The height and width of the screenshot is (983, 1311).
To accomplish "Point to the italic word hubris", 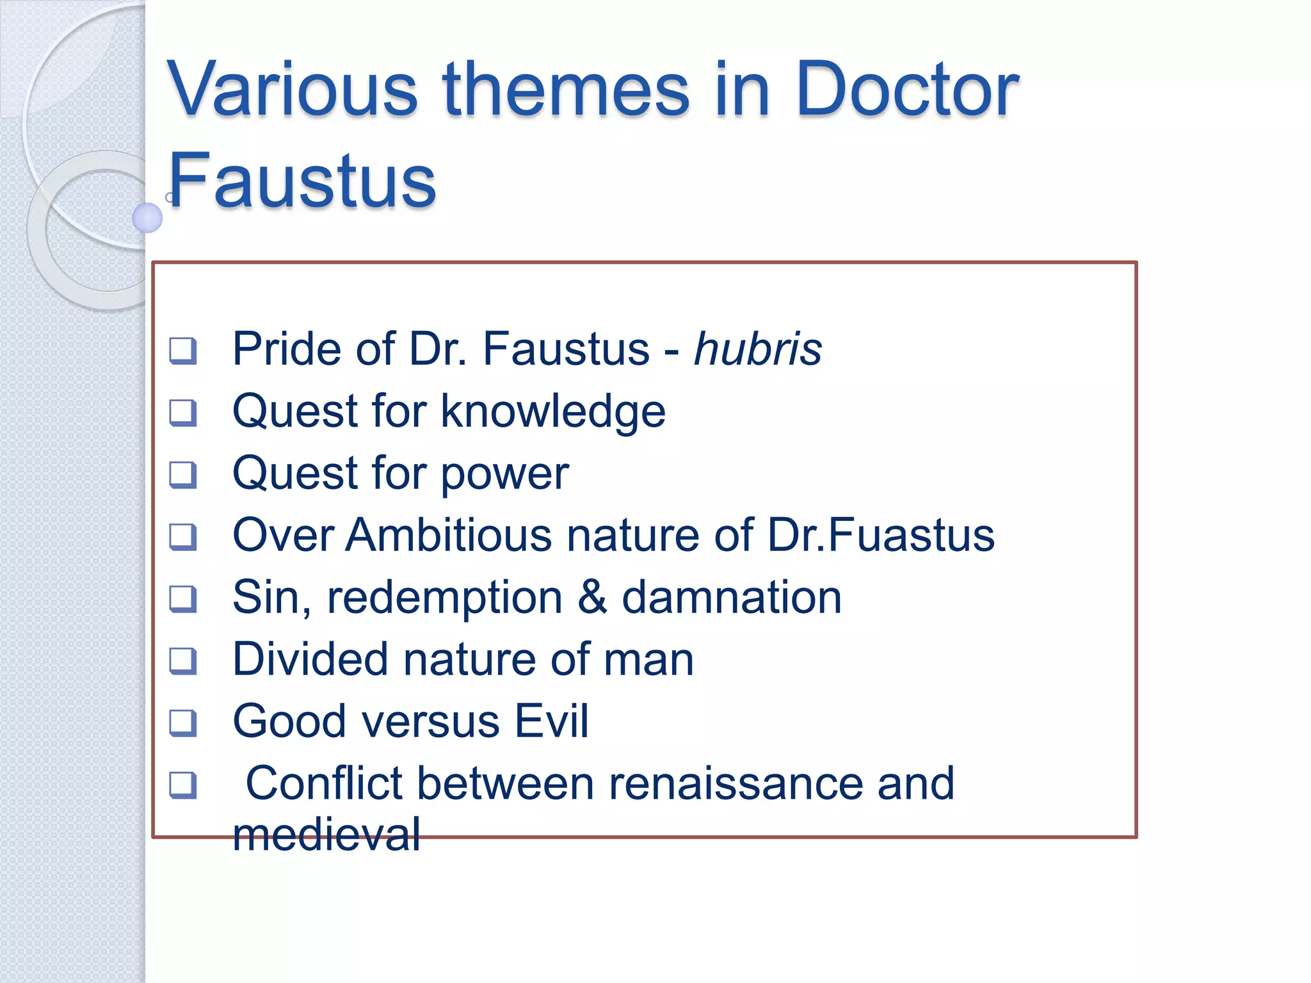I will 758,349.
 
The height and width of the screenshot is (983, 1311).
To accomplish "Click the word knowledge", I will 553,412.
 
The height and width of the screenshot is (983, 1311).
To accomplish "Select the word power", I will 504,474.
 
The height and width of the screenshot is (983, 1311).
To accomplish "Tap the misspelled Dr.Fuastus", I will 881,535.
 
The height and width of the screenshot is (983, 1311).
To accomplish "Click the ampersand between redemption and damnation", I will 592,597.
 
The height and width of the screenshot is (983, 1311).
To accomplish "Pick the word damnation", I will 732,597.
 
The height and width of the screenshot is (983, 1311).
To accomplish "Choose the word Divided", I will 310,659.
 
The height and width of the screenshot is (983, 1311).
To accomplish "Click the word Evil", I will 552,721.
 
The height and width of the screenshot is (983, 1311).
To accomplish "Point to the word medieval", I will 326,835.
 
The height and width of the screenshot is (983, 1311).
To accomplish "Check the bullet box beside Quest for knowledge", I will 183,413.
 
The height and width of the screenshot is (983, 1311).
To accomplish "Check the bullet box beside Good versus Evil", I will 183,723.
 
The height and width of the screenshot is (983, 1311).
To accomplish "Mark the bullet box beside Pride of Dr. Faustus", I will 183,351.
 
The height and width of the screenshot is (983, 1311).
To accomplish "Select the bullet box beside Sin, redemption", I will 183,599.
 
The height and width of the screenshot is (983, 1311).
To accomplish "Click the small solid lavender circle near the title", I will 147,218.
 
